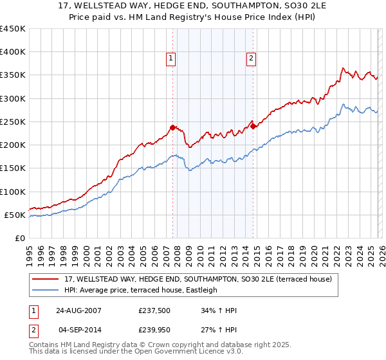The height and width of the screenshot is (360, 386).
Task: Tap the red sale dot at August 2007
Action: pos(172,127)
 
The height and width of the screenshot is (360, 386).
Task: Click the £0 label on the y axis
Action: pos(21,238)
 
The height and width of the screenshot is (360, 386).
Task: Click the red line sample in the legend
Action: pos(46,280)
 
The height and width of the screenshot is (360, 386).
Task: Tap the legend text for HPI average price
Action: pos(142,291)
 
